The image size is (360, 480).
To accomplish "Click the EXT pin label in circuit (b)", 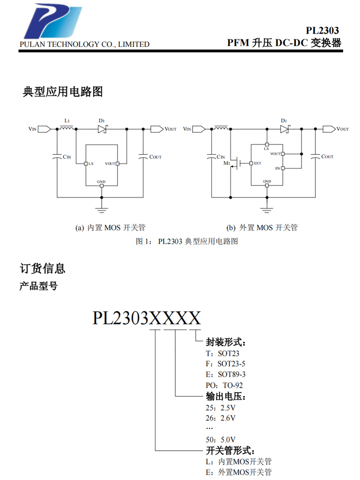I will pos(258,163).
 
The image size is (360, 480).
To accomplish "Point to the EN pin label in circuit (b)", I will pos(277,168).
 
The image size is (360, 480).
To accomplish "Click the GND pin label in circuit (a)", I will pos(101,182).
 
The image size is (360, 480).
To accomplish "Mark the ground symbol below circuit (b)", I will pos(266,208).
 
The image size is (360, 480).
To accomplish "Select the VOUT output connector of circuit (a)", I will pos(156,129).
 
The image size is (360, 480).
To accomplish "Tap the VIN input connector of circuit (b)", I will pos(200,129).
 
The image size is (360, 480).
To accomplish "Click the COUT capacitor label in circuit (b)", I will pos(327,156).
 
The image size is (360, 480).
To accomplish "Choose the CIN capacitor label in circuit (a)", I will pos(68,157).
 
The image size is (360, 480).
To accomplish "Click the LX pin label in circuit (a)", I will pos(91,164).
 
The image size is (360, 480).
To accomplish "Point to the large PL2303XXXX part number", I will pos(146,317).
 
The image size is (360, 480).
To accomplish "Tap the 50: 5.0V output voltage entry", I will pos(221,439).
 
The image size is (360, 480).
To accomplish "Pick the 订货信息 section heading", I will pos(42,268).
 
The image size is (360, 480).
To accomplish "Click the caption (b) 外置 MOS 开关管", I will pos(262,228).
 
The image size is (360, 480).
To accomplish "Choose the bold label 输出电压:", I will pos(226,397).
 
